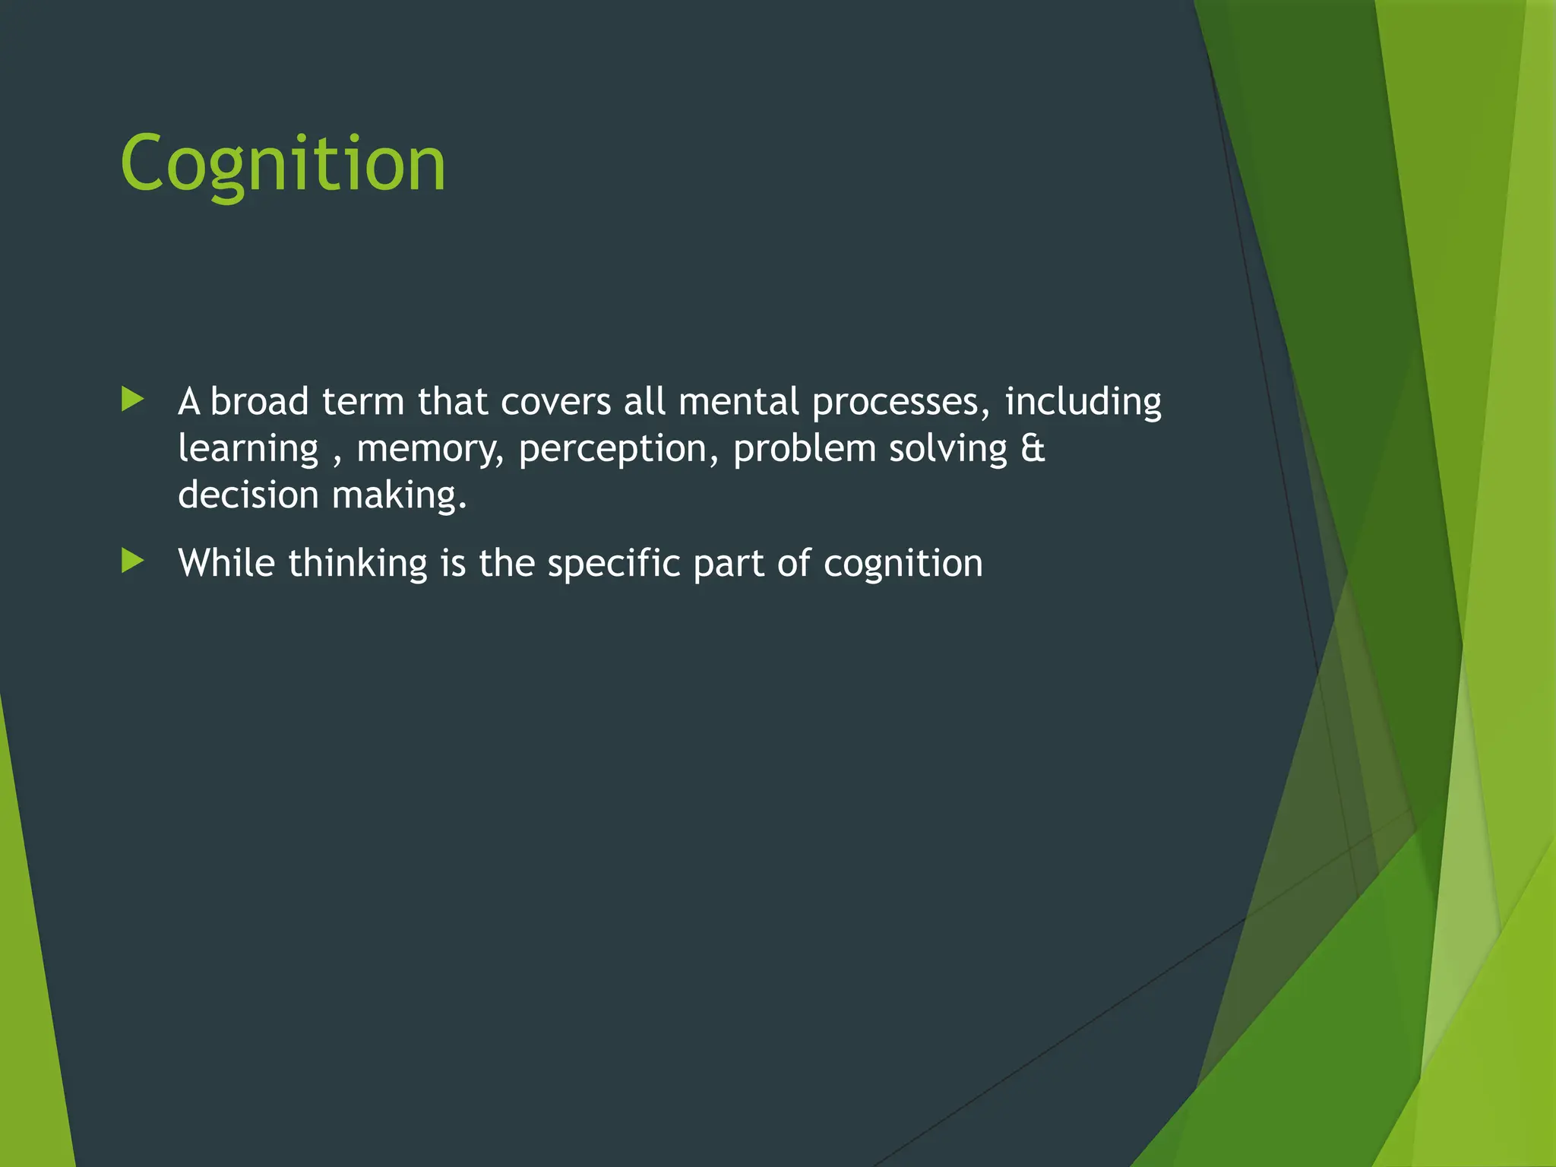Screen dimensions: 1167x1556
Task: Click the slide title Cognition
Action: [283, 164]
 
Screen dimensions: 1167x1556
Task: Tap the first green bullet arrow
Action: [133, 399]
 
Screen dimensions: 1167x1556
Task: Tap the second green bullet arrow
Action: [133, 561]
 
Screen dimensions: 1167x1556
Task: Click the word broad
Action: [259, 401]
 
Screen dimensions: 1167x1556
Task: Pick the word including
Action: [1083, 403]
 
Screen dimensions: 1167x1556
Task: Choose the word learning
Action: [248, 449]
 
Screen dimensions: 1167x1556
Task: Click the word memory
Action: [430, 449]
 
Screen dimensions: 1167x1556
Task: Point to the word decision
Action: [248, 495]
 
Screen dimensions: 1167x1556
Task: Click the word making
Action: [399, 496]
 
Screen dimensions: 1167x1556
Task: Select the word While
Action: [226, 563]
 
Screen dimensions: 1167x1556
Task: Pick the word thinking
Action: [358, 565]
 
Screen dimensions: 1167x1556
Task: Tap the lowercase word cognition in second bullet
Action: [903, 565]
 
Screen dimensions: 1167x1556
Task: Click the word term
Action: [363, 401]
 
